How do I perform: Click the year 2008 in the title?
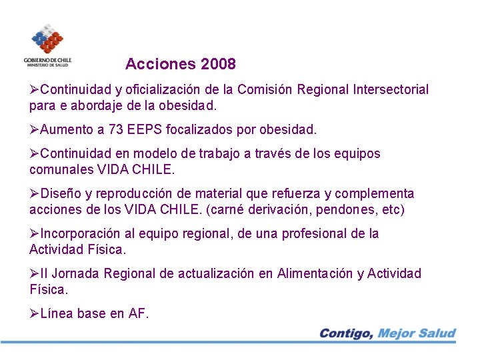217,65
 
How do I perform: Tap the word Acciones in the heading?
159,65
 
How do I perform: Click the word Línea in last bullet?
56,313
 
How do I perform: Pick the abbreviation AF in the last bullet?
137,313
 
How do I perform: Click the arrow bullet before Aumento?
35,128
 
